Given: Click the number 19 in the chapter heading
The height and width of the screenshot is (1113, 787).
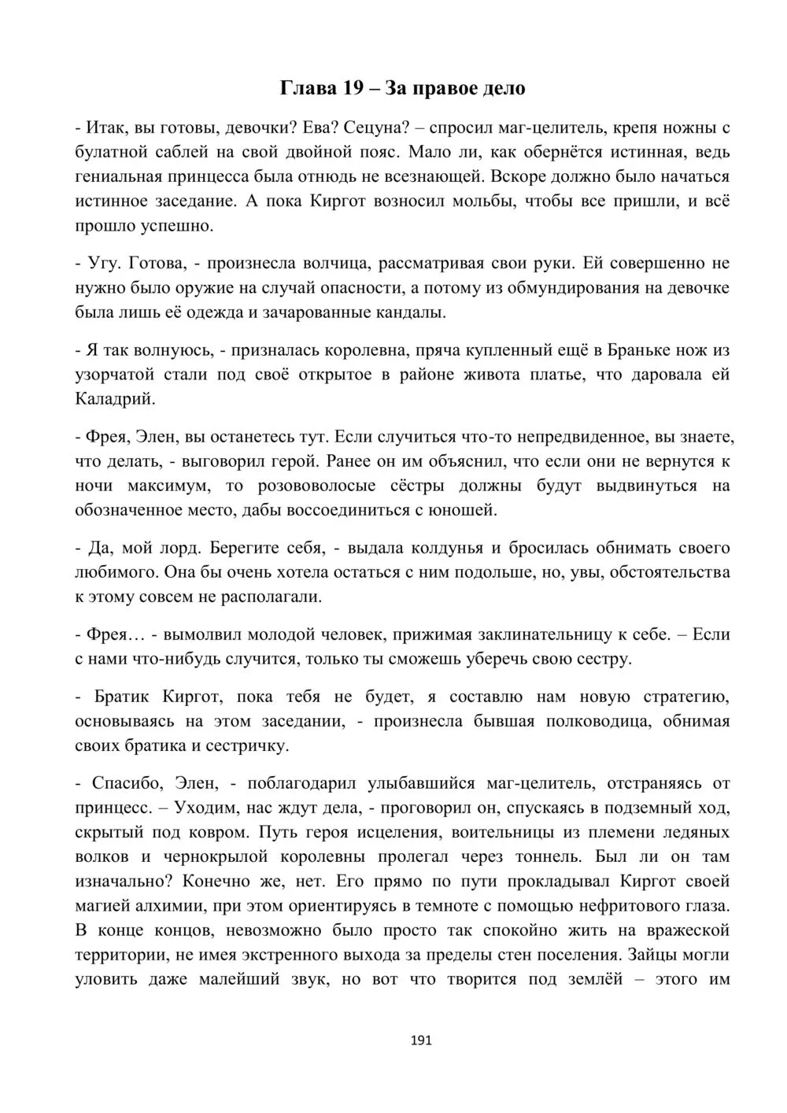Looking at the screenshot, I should [x=351, y=88].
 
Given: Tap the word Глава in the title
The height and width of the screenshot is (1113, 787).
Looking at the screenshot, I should [x=308, y=88].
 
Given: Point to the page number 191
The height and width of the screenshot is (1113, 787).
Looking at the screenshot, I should [x=422, y=1041].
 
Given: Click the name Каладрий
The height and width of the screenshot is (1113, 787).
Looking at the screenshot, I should [x=114, y=399].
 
